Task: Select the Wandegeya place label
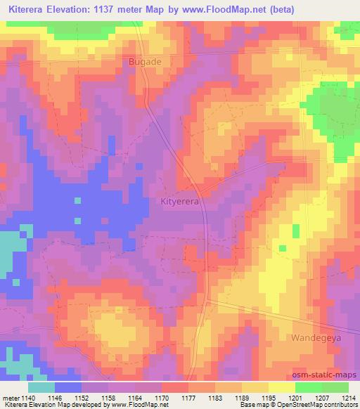tap(311, 337)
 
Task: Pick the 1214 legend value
tap(348, 398)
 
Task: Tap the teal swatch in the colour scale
tap(41, 387)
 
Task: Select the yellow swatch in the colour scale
tap(281, 387)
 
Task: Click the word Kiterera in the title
tap(27, 9)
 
